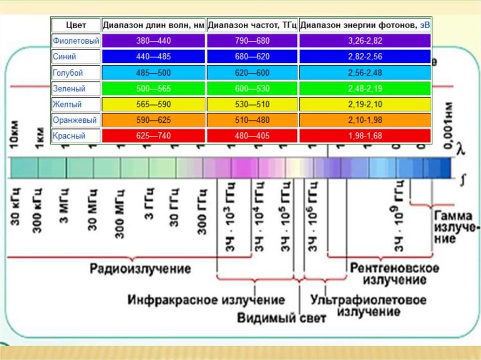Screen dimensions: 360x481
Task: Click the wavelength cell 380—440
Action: pos(153,41)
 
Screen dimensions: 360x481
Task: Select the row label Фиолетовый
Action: pos(76,41)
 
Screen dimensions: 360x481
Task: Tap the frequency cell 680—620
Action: pos(252,57)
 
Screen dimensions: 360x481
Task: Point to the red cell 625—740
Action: pos(153,136)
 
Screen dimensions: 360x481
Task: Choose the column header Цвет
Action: pos(76,25)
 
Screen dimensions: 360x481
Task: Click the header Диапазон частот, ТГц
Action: pos(252,25)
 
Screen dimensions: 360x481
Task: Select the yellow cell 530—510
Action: pos(252,104)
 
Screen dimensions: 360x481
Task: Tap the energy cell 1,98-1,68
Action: pos(365,136)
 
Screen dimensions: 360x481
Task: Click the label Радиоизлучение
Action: pos(140,269)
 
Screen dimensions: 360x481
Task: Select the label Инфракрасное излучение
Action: pos(206,299)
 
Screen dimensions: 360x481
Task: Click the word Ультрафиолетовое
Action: pos(369,299)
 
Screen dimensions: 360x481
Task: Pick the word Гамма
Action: pos(453,216)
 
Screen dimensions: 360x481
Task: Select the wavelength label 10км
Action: pos(14,136)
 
